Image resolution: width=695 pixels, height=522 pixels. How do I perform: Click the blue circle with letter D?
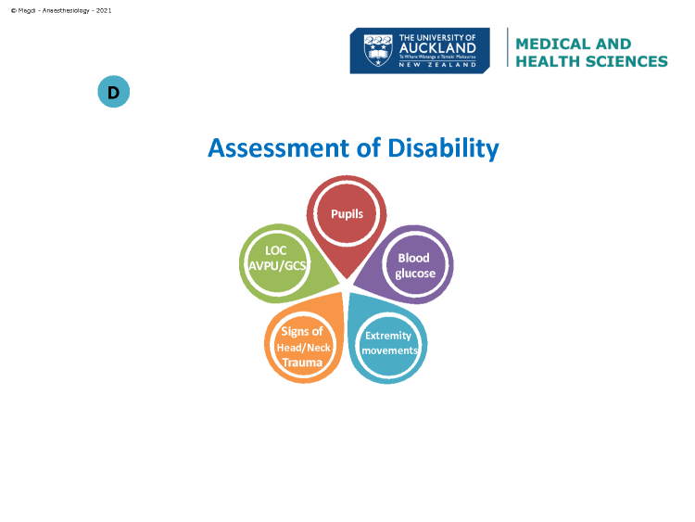113,92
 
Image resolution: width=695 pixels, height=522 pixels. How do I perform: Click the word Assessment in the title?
279,147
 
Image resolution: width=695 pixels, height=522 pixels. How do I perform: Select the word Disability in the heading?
443,148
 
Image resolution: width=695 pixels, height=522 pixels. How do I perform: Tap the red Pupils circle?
347,213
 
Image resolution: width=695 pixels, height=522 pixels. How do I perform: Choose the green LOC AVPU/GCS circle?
277,262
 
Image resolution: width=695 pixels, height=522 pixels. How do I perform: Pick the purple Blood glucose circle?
415,265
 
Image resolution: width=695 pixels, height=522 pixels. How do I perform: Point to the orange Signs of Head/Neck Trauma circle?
302,347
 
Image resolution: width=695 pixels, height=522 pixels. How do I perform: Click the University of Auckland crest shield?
378,50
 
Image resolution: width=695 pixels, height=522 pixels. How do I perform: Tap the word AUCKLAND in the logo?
437,48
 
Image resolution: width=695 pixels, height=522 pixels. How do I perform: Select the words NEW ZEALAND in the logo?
437,65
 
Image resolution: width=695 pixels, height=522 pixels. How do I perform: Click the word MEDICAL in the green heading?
551,44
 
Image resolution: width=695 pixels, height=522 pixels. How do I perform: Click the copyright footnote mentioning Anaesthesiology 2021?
61,10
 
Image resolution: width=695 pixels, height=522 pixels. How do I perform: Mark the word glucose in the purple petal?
415,274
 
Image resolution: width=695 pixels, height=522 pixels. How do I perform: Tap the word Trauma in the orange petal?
302,363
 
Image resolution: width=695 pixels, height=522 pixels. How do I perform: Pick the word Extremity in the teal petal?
388,336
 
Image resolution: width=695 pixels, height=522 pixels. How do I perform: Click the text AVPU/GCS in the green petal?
277,266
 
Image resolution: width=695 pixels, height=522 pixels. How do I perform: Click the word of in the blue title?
369,147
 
